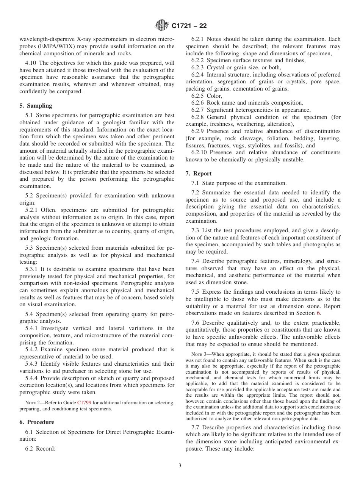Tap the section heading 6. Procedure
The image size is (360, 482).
click(x=37, y=422)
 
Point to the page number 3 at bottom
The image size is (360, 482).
click(x=180, y=466)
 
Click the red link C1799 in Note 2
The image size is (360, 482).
click(x=84, y=403)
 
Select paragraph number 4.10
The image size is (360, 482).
click(x=32, y=63)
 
